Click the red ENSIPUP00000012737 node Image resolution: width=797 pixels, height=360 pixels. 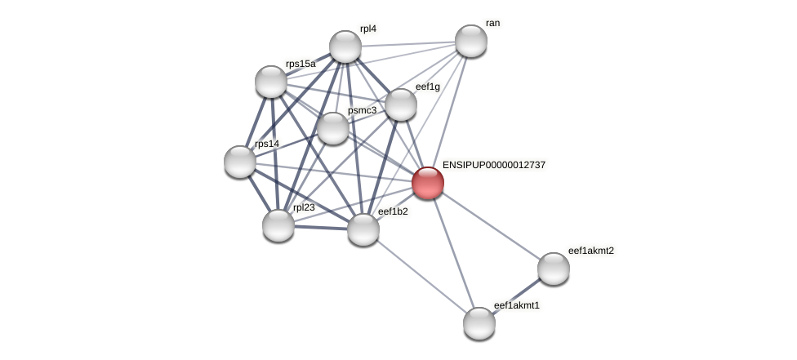tap(428, 183)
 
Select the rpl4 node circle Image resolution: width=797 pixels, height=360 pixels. tap(345, 47)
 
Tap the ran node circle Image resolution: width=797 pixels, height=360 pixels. tap(471, 41)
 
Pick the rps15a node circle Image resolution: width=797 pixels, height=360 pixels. tap(271, 82)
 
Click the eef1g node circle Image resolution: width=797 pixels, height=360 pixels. tap(401, 104)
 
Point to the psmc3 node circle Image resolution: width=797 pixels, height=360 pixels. tap(333, 128)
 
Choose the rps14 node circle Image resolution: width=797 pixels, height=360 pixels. tap(240, 162)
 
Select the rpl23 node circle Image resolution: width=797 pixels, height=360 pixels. tap(278, 225)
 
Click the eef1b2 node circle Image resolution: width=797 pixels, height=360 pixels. tap(363, 229)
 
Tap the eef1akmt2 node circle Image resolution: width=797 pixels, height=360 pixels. tap(554, 269)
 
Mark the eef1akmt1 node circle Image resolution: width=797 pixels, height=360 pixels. tap(479, 323)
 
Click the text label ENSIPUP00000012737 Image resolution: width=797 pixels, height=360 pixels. tap(493, 165)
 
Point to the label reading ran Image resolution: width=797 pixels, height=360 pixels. tap(492, 23)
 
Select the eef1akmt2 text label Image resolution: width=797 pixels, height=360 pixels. tap(590, 251)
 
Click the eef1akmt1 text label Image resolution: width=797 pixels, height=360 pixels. tap(517, 305)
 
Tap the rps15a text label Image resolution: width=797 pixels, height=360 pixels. tap(301, 64)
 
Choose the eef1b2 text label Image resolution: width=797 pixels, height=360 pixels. tap(393, 211)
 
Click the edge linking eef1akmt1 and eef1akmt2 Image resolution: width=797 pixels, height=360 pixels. tap(516, 296)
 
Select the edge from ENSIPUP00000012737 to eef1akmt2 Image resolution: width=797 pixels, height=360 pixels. tap(491, 225)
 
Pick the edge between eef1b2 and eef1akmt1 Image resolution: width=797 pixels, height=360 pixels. tap(421, 276)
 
